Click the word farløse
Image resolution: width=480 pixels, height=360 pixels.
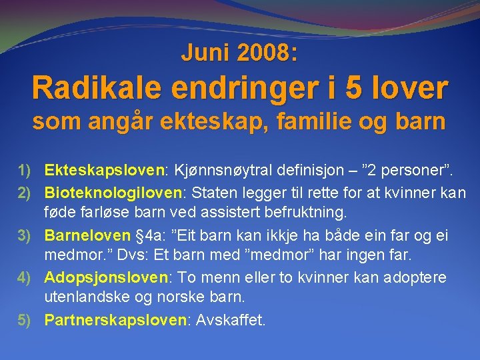(x=100, y=213)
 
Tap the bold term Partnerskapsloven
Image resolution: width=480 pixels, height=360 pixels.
(x=115, y=320)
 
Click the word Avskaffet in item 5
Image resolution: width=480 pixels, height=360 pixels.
(x=229, y=320)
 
